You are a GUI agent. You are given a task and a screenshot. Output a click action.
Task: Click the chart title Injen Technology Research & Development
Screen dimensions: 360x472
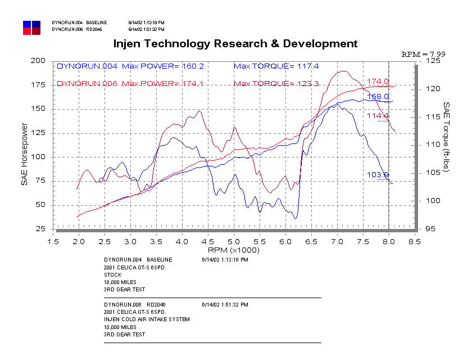(235, 43)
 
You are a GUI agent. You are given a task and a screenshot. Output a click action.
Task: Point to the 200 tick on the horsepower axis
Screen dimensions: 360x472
(38, 61)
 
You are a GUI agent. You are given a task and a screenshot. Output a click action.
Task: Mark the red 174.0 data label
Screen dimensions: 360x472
(378, 82)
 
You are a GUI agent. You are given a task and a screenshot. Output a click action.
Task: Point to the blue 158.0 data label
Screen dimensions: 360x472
(378, 97)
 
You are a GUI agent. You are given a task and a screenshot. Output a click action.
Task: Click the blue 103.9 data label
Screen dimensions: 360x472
(378, 175)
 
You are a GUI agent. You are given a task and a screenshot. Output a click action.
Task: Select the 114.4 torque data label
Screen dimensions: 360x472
(378, 116)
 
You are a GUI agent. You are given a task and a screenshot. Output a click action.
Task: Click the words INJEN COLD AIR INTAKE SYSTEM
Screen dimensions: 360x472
(147, 319)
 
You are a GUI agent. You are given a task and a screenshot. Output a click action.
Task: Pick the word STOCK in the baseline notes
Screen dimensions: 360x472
(112, 276)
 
